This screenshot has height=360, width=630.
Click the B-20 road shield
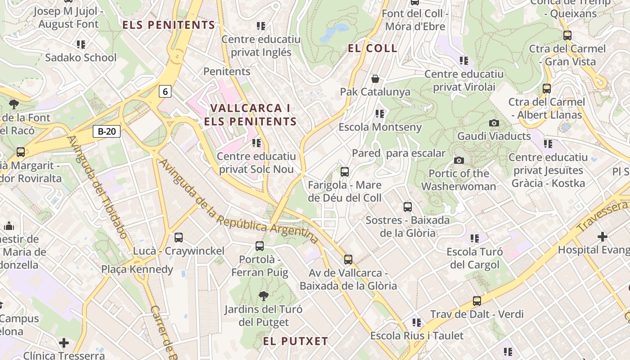pos(107,131)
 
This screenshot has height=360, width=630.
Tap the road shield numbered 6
pos(165,92)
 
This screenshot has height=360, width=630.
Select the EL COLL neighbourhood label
pos(373,48)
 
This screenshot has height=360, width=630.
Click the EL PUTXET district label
pos(296,341)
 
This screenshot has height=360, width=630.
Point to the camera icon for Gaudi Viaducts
pos(494,123)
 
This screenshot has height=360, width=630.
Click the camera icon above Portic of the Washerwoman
pos(459,160)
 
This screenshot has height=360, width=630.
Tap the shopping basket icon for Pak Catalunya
pos(375,79)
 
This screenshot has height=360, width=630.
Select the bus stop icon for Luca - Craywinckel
pos(179,238)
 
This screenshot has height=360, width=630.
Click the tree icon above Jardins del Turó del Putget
pos(264,296)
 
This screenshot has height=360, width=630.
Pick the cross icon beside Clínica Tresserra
pos(64,343)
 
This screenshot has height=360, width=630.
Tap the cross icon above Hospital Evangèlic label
pos(603,237)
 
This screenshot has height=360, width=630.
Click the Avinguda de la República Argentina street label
pos(239,202)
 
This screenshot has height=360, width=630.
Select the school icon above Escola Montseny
pos(380,114)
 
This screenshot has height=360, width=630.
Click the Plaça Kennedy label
pos(137,270)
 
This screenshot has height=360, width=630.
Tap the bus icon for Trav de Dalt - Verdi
pos(477,301)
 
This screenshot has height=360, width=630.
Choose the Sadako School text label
pos(81,58)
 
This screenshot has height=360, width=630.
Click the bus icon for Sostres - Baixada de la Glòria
pos(408,207)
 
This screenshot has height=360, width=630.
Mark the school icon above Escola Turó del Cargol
pos(475,238)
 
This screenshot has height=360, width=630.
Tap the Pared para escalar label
pos(399,153)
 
